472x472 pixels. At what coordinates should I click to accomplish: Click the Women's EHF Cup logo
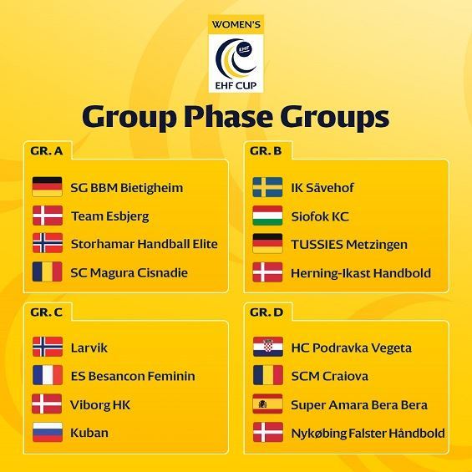pyautogui.click(x=236, y=53)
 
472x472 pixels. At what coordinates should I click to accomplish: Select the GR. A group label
pyautogui.click(x=47, y=150)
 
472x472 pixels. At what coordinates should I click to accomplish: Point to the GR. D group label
pyautogui.click(x=266, y=312)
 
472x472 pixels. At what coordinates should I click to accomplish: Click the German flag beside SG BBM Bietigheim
pyautogui.click(x=48, y=186)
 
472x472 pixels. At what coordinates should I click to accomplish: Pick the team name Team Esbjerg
pyautogui.click(x=110, y=216)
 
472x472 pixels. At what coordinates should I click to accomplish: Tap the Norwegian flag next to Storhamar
pyautogui.click(x=48, y=243)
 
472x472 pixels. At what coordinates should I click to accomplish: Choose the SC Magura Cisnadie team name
pyautogui.click(x=129, y=272)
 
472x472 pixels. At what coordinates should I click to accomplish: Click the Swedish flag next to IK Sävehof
pyautogui.click(x=267, y=187)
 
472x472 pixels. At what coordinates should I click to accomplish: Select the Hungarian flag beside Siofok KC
pyautogui.click(x=267, y=216)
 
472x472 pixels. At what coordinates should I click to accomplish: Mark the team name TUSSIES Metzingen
pyautogui.click(x=349, y=245)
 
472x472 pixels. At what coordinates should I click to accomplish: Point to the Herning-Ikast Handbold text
pyautogui.click(x=361, y=273)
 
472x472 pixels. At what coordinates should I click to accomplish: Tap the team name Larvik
pyautogui.click(x=89, y=348)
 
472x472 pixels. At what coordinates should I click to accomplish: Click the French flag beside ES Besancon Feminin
pyautogui.click(x=48, y=375)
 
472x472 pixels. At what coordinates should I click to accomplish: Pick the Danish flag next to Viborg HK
pyautogui.click(x=47, y=403)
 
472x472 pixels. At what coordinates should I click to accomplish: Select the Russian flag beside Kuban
pyautogui.click(x=48, y=432)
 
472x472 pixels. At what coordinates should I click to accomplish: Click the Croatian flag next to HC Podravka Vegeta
pyautogui.click(x=268, y=347)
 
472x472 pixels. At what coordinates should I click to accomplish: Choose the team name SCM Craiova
pyautogui.click(x=330, y=376)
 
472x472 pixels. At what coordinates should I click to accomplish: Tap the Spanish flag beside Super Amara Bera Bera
pyautogui.click(x=267, y=403)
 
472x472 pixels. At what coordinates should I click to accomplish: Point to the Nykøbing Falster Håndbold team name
pyautogui.click(x=368, y=434)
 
